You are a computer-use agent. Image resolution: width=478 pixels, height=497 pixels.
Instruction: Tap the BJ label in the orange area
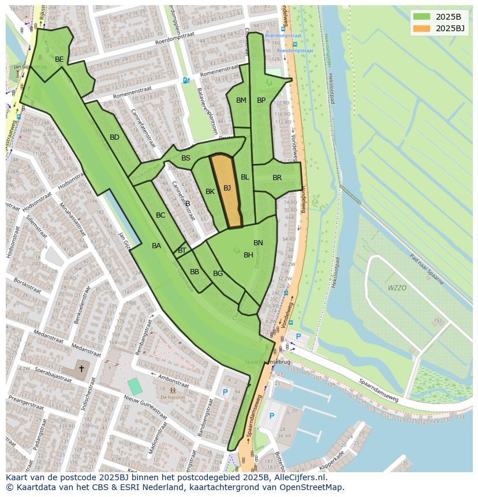pos(227,188)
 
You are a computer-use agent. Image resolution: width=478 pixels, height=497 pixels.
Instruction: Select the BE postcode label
pos(59,59)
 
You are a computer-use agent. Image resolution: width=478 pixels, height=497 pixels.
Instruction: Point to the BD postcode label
pos(114,137)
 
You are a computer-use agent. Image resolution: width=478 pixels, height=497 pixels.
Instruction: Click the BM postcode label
pos(241,100)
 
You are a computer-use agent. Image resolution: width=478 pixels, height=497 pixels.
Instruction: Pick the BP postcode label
pos(261,100)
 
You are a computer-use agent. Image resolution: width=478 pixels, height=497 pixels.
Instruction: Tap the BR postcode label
pos(277,178)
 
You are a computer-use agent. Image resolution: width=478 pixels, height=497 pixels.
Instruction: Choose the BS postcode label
pos(186,158)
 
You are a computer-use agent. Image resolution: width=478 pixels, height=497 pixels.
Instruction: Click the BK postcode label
pos(210,192)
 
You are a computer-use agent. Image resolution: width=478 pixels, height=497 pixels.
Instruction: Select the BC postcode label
pos(160,215)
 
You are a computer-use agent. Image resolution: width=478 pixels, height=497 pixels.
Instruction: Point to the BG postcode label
pos(218,274)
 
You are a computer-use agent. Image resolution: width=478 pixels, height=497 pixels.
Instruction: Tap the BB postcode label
pos(195,272)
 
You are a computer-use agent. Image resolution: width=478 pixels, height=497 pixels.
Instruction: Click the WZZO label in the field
pos(397,287)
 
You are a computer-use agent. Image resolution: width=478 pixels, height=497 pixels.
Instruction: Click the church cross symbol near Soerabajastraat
pos(81,368)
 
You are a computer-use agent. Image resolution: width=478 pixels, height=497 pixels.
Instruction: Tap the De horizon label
pos(173,397)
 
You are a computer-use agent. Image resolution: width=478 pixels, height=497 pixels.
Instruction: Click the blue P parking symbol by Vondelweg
pos(298,337)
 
